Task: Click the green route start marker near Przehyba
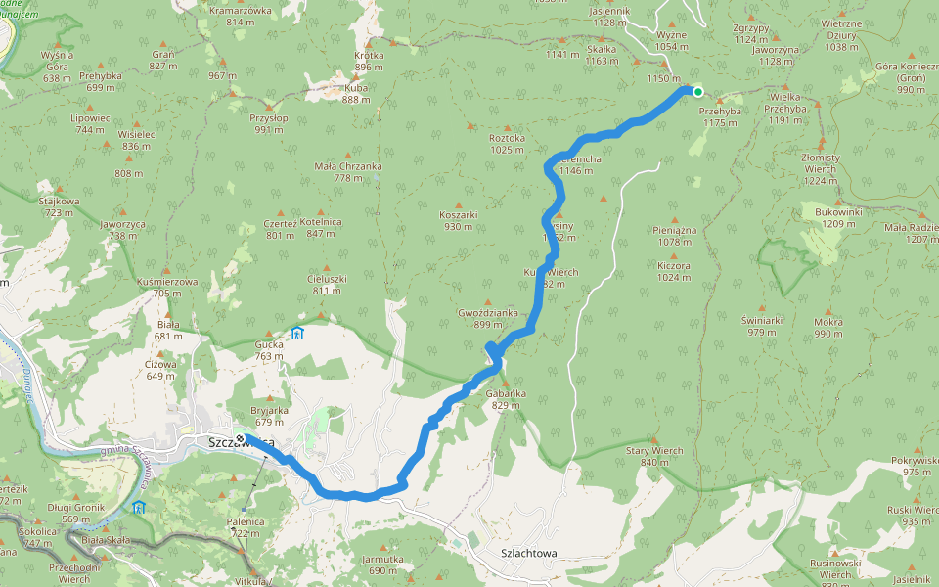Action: pyautogui.click(x=697, y=92)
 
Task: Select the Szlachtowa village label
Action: pyautogui.click(x=528, y=553)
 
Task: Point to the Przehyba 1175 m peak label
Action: pyautogui.click(x=719, y=116)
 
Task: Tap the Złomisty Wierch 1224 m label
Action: pyautogui.click(x=820, y=168)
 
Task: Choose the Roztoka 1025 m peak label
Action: pyautogui.click(x=508, y=144)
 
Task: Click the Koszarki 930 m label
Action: pyautogui.click(x=458, y=220)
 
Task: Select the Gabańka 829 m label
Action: pyautogui.click(x=506, y=398)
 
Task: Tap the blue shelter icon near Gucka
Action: pyautogui.click(x=297, y=334)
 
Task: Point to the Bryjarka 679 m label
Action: pyautogui.click(x=269, y=417)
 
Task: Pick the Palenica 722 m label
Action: pyautogui.click(x=246, y=527)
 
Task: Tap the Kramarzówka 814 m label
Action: pyautogui.click(x=240, y=16)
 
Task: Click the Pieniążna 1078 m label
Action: pyautogui.click(x=674, y=235)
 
